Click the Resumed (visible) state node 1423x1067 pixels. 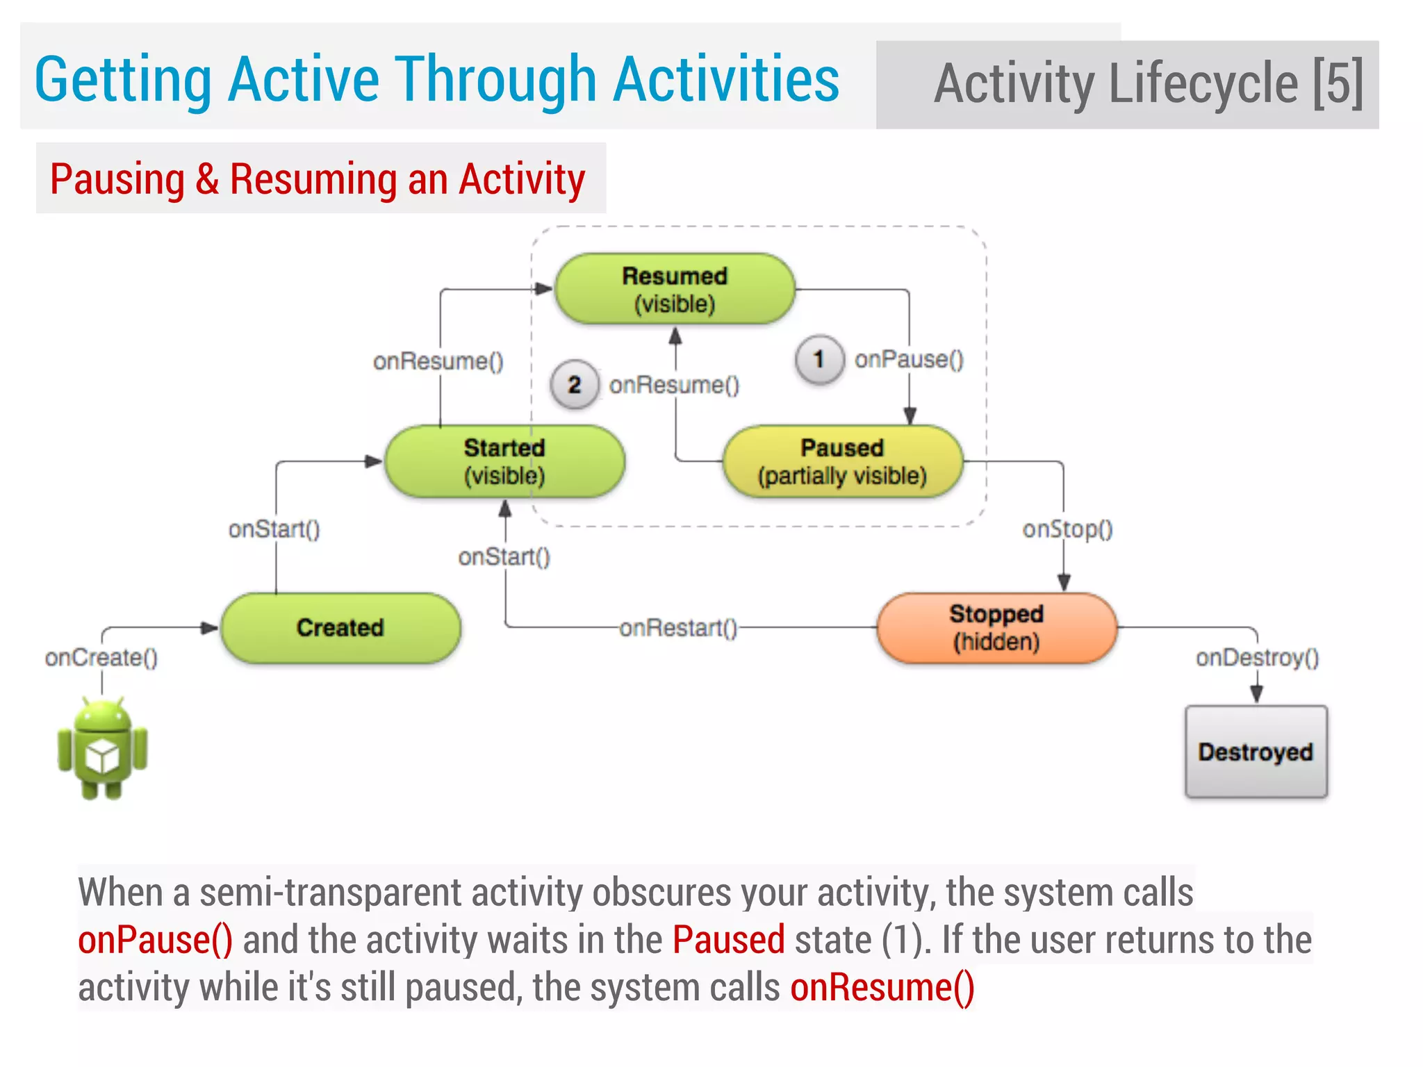[675, 289]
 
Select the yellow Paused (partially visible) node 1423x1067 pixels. [842, 461]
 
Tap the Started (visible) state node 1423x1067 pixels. [504, 461]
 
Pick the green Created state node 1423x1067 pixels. [340, 628]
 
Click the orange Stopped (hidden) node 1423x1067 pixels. [996, 628]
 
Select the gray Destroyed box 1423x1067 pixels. [1256, 752]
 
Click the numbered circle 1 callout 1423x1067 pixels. [819, 359]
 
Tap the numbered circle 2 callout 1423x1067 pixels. [575, 384]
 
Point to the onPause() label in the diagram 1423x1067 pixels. [909, 360]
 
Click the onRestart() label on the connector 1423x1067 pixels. [678, 628]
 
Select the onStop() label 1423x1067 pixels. [1067, 529]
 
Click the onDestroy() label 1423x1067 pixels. [1257, 657]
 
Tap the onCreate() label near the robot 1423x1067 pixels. [101, 657]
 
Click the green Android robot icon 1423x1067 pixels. [102, 749]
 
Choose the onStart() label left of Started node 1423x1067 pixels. [274, 529]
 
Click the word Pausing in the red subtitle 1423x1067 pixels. [117, 179]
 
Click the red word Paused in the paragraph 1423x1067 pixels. [728, 940]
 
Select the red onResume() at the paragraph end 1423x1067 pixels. [882, 987]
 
